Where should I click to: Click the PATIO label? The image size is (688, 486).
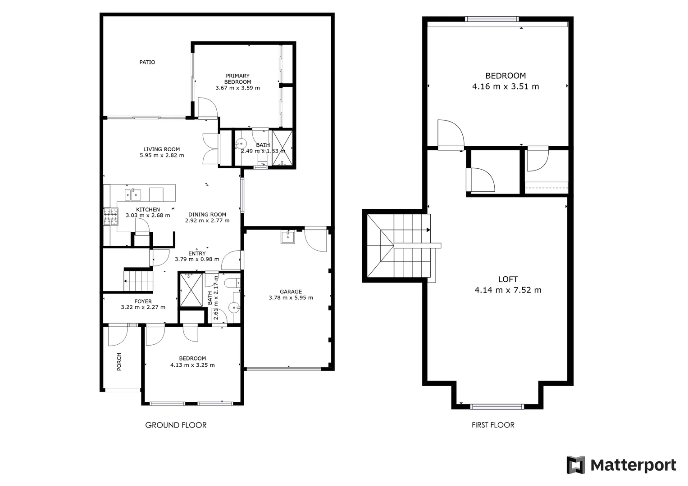point(147,62)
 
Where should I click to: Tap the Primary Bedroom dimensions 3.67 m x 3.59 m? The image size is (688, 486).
point(237,88)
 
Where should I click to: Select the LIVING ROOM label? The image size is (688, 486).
point(161,149)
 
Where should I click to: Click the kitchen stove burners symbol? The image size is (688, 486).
point(110,216)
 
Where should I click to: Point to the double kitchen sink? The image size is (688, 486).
point(133,195)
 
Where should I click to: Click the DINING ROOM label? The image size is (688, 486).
point(207,215)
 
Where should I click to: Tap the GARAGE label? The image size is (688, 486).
point(291,292)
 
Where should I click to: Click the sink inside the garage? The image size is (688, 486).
point(287,236)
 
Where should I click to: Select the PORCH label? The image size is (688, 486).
point(119,362)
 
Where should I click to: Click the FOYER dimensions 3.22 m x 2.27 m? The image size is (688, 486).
point(143,307)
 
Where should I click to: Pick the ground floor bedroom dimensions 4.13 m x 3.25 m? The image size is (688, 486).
point(192,365)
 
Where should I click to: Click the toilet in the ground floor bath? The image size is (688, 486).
point(233,283)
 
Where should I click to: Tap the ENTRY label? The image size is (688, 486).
point(197,253)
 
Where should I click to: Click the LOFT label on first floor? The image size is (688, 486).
point(508,279)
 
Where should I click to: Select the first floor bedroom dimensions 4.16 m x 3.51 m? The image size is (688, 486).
point(506,86)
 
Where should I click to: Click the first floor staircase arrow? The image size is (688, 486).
point(428,230)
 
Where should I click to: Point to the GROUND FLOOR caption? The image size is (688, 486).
point(176,425)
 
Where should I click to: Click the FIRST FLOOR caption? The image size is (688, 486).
point(493,425)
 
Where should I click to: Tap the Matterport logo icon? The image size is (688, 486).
point(575,465)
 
